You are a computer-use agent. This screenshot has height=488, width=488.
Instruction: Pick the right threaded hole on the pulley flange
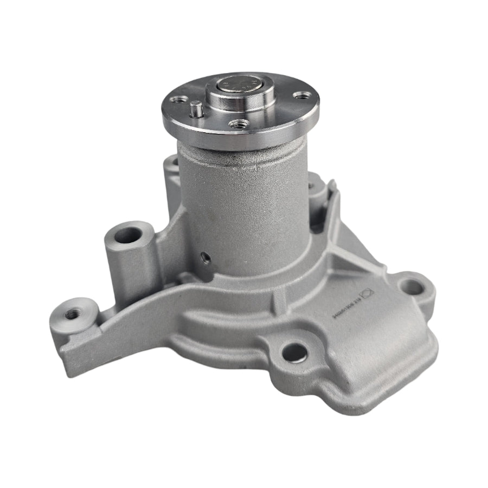(x=298, y=95)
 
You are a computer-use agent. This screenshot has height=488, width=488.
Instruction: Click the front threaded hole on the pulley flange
(x=235, y=124)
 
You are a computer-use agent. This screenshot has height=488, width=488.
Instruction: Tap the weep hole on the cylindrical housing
(x=206, y=257)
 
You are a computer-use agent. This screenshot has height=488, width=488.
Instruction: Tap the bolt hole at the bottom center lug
(x=294, y=351)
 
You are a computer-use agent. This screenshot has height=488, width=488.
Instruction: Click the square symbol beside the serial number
(x=369, y=293)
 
